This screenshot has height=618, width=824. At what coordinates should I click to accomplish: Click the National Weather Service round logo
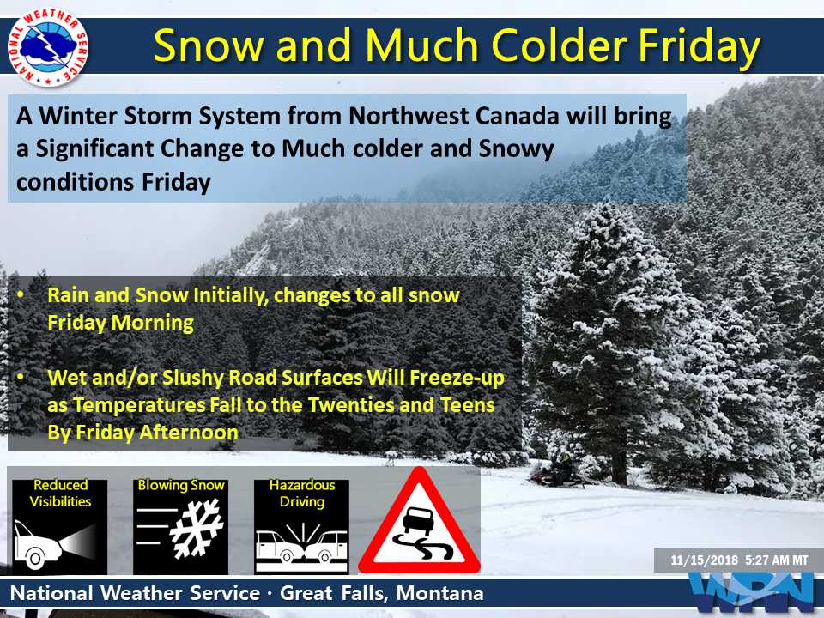click(48, 46)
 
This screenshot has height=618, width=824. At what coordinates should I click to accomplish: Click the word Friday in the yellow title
click(700, 46)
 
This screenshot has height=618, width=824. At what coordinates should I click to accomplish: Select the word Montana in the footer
click(439, 593)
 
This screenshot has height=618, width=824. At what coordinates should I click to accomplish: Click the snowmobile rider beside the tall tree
click(557, 470)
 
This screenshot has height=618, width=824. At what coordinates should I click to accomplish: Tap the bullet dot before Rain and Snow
click(21, 294)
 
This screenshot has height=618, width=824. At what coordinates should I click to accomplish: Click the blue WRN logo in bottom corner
click(754, 592)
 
